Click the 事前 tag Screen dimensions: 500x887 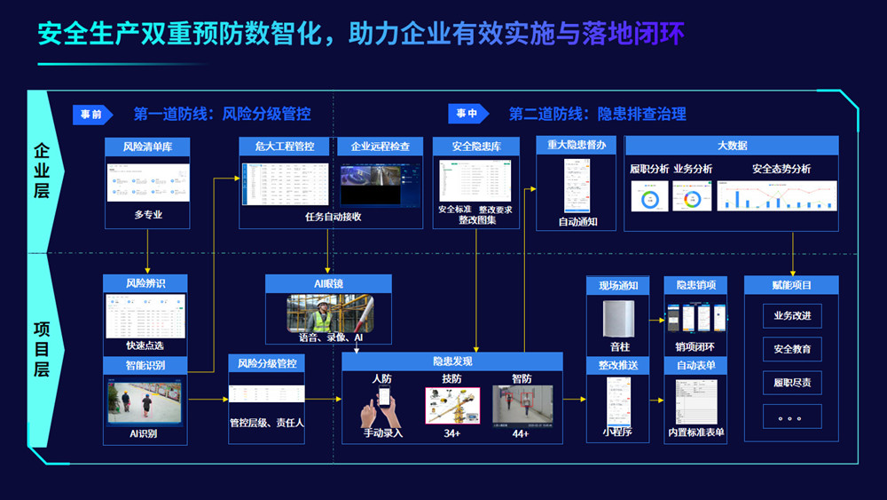tap(91, 114)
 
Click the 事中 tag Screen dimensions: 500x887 tap(467, 114)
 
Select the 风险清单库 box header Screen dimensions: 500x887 tap(147, 146)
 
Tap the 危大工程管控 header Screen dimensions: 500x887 tap(285, 146)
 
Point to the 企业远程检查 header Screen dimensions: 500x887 tap(381, 146)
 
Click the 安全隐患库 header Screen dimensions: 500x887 tap(476, 146)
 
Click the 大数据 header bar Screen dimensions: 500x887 tap(732, 145)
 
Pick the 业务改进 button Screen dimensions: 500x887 tap(792, 316)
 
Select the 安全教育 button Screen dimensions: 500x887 tap(792, 349)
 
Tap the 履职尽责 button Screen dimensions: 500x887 tap(792, 383)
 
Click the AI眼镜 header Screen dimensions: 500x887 tap(328, 283)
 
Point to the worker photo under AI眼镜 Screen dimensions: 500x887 tap(328, 313)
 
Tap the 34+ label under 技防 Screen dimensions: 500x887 tap(451, 433)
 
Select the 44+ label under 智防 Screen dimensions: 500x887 tap(521, 433)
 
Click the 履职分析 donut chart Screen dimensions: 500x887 tap(649, 196)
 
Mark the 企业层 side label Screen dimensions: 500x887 tap(42, 170)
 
